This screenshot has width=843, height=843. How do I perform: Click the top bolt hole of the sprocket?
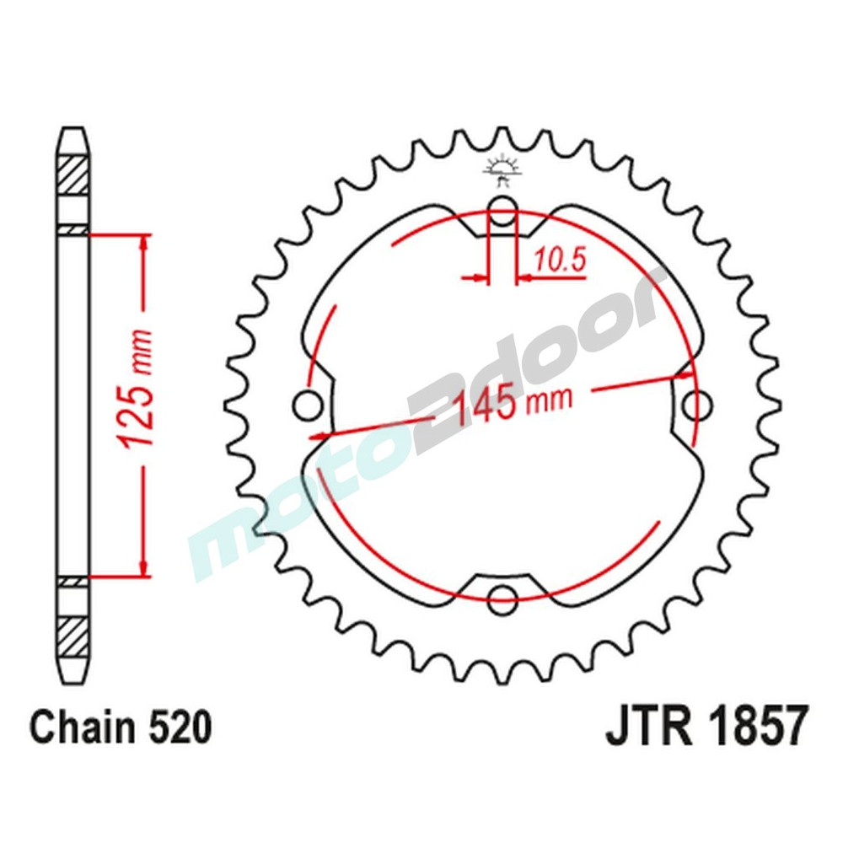click(502, 214)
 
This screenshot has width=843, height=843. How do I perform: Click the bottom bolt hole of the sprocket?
click(502, 594)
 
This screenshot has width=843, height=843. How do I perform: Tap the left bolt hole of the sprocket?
click(309, 405)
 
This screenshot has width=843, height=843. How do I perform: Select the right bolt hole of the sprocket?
click(696, 405)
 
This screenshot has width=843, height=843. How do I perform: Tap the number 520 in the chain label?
click(176, 728)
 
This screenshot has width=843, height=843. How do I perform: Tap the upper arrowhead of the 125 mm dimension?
click(145, 244)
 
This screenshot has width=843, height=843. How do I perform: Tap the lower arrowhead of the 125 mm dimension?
click(145, 565)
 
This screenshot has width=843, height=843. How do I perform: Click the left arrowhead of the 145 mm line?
click(318, 436)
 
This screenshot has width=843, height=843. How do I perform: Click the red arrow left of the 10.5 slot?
click(478, 276)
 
